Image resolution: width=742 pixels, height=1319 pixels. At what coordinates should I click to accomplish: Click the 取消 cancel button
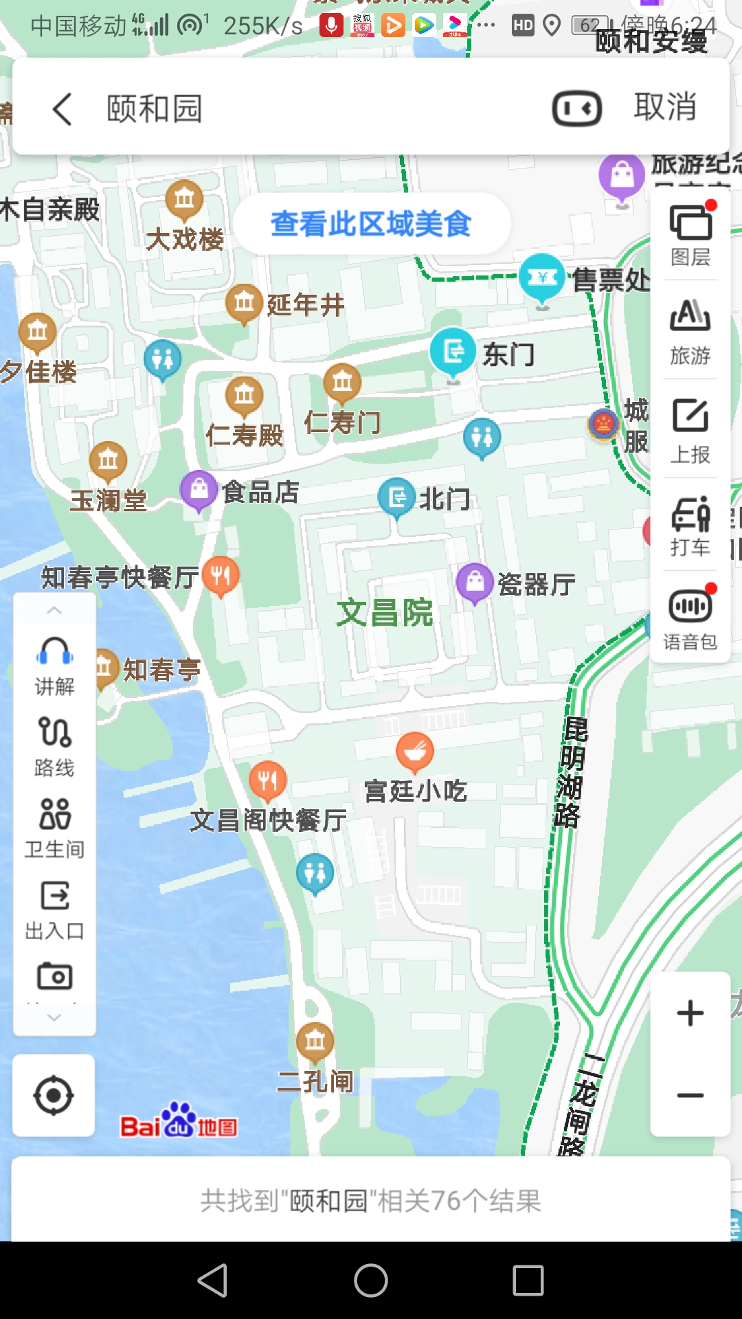664,107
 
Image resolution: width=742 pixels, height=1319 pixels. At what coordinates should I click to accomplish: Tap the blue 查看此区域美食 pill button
371,224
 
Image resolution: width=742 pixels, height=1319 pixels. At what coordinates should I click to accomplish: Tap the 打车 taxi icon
690,526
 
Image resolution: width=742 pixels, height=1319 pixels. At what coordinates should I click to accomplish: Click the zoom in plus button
690,1013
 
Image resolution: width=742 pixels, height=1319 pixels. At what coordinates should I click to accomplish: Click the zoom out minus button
690,1095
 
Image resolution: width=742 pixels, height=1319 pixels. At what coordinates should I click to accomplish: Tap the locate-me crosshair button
54,1096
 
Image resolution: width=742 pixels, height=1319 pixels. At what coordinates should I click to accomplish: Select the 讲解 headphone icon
54,664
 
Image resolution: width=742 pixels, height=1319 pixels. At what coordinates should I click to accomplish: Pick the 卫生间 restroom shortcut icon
55,826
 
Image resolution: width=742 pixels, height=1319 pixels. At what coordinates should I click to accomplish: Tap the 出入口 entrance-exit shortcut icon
55,908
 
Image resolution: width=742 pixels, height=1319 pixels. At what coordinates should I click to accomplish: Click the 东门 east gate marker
453,352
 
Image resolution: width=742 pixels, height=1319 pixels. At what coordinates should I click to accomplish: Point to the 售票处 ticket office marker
542,278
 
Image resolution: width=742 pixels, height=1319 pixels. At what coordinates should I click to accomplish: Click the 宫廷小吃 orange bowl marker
415,751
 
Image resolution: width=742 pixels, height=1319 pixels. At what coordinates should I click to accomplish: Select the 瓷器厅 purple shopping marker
475,583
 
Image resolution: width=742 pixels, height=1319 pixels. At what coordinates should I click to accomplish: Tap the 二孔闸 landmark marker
315,1041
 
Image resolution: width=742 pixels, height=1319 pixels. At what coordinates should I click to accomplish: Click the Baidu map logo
179,1121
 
